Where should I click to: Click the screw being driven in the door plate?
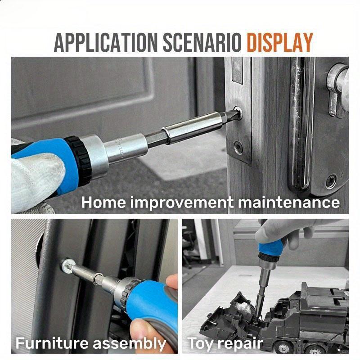pyautogui.click(x=237, y=114)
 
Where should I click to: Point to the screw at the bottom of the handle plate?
pyautogui.click(x=331, y=181)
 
